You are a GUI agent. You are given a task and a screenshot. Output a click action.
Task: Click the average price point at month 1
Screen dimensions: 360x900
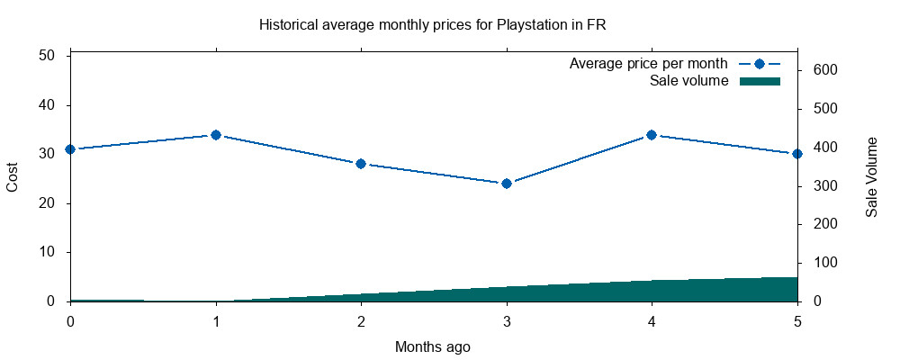coord(216,135)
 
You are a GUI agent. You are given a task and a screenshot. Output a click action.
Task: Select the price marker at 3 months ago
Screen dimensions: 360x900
coord(507,184)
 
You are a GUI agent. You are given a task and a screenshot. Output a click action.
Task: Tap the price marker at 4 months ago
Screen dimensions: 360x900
coord(652,135)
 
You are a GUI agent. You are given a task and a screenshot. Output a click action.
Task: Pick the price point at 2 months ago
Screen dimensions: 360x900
coord(361,164)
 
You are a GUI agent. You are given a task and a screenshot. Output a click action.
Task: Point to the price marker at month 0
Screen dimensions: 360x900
coord(70,149)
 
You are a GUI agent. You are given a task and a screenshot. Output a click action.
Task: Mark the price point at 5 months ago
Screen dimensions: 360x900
coord(796,154)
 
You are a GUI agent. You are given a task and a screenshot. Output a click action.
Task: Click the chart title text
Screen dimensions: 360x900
coord(432,24)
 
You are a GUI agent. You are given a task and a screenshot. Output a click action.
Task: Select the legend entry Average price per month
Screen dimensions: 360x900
coord(648,64)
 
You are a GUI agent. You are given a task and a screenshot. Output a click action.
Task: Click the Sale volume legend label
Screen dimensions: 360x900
coord(688,81)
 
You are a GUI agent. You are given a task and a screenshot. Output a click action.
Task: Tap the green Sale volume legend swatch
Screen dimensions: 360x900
coord(759,81)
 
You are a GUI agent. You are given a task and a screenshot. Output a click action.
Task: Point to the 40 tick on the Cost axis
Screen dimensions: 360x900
coord(49,105)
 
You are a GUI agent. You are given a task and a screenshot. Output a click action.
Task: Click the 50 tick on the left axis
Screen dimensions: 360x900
coord(49,56)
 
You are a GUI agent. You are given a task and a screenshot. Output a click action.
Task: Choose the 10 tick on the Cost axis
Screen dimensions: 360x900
coord(49,252)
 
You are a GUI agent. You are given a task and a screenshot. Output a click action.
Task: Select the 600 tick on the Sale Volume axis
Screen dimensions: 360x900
coord(825,70)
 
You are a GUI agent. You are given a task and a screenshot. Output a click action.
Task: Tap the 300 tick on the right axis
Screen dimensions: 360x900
coord(825,186)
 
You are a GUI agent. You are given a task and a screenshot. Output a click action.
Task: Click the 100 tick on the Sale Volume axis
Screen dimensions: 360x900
coord(825,263)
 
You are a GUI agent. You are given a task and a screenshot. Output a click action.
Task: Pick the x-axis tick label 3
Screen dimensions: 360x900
coord(507,319)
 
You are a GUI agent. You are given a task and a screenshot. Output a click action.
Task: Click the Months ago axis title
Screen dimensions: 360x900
coord(432,346)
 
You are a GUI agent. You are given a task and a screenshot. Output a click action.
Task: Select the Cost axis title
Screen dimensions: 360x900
coord(13,178)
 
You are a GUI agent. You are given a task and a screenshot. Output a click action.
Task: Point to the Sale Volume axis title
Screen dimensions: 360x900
coord(871,178)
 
